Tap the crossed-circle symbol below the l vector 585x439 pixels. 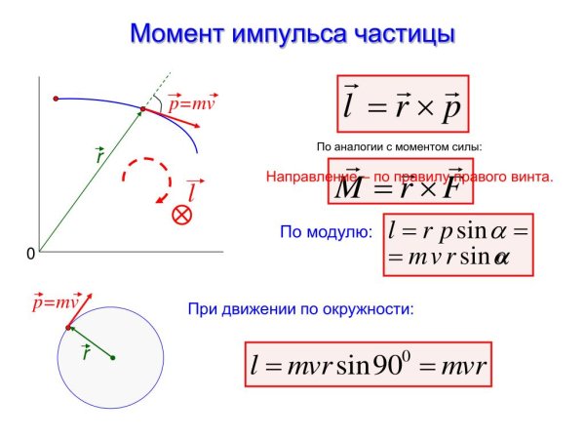(x=181, y=216)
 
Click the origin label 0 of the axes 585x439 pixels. (x=30, y=254)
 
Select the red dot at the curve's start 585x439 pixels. (x=56, y=99)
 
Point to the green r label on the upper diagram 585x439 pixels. (x=99, y=154)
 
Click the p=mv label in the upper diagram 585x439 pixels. (x=191, y=101)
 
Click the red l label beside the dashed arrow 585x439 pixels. (x=195, y=189)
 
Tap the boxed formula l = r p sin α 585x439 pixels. (x=457, y=244)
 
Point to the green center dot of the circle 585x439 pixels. (x=113, y=358)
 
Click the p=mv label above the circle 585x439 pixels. (x=55, y=302)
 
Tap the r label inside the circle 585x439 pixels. (x=87, y=351)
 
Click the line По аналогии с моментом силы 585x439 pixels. (x=400, y=146)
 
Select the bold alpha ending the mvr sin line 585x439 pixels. (x=501, y=259)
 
